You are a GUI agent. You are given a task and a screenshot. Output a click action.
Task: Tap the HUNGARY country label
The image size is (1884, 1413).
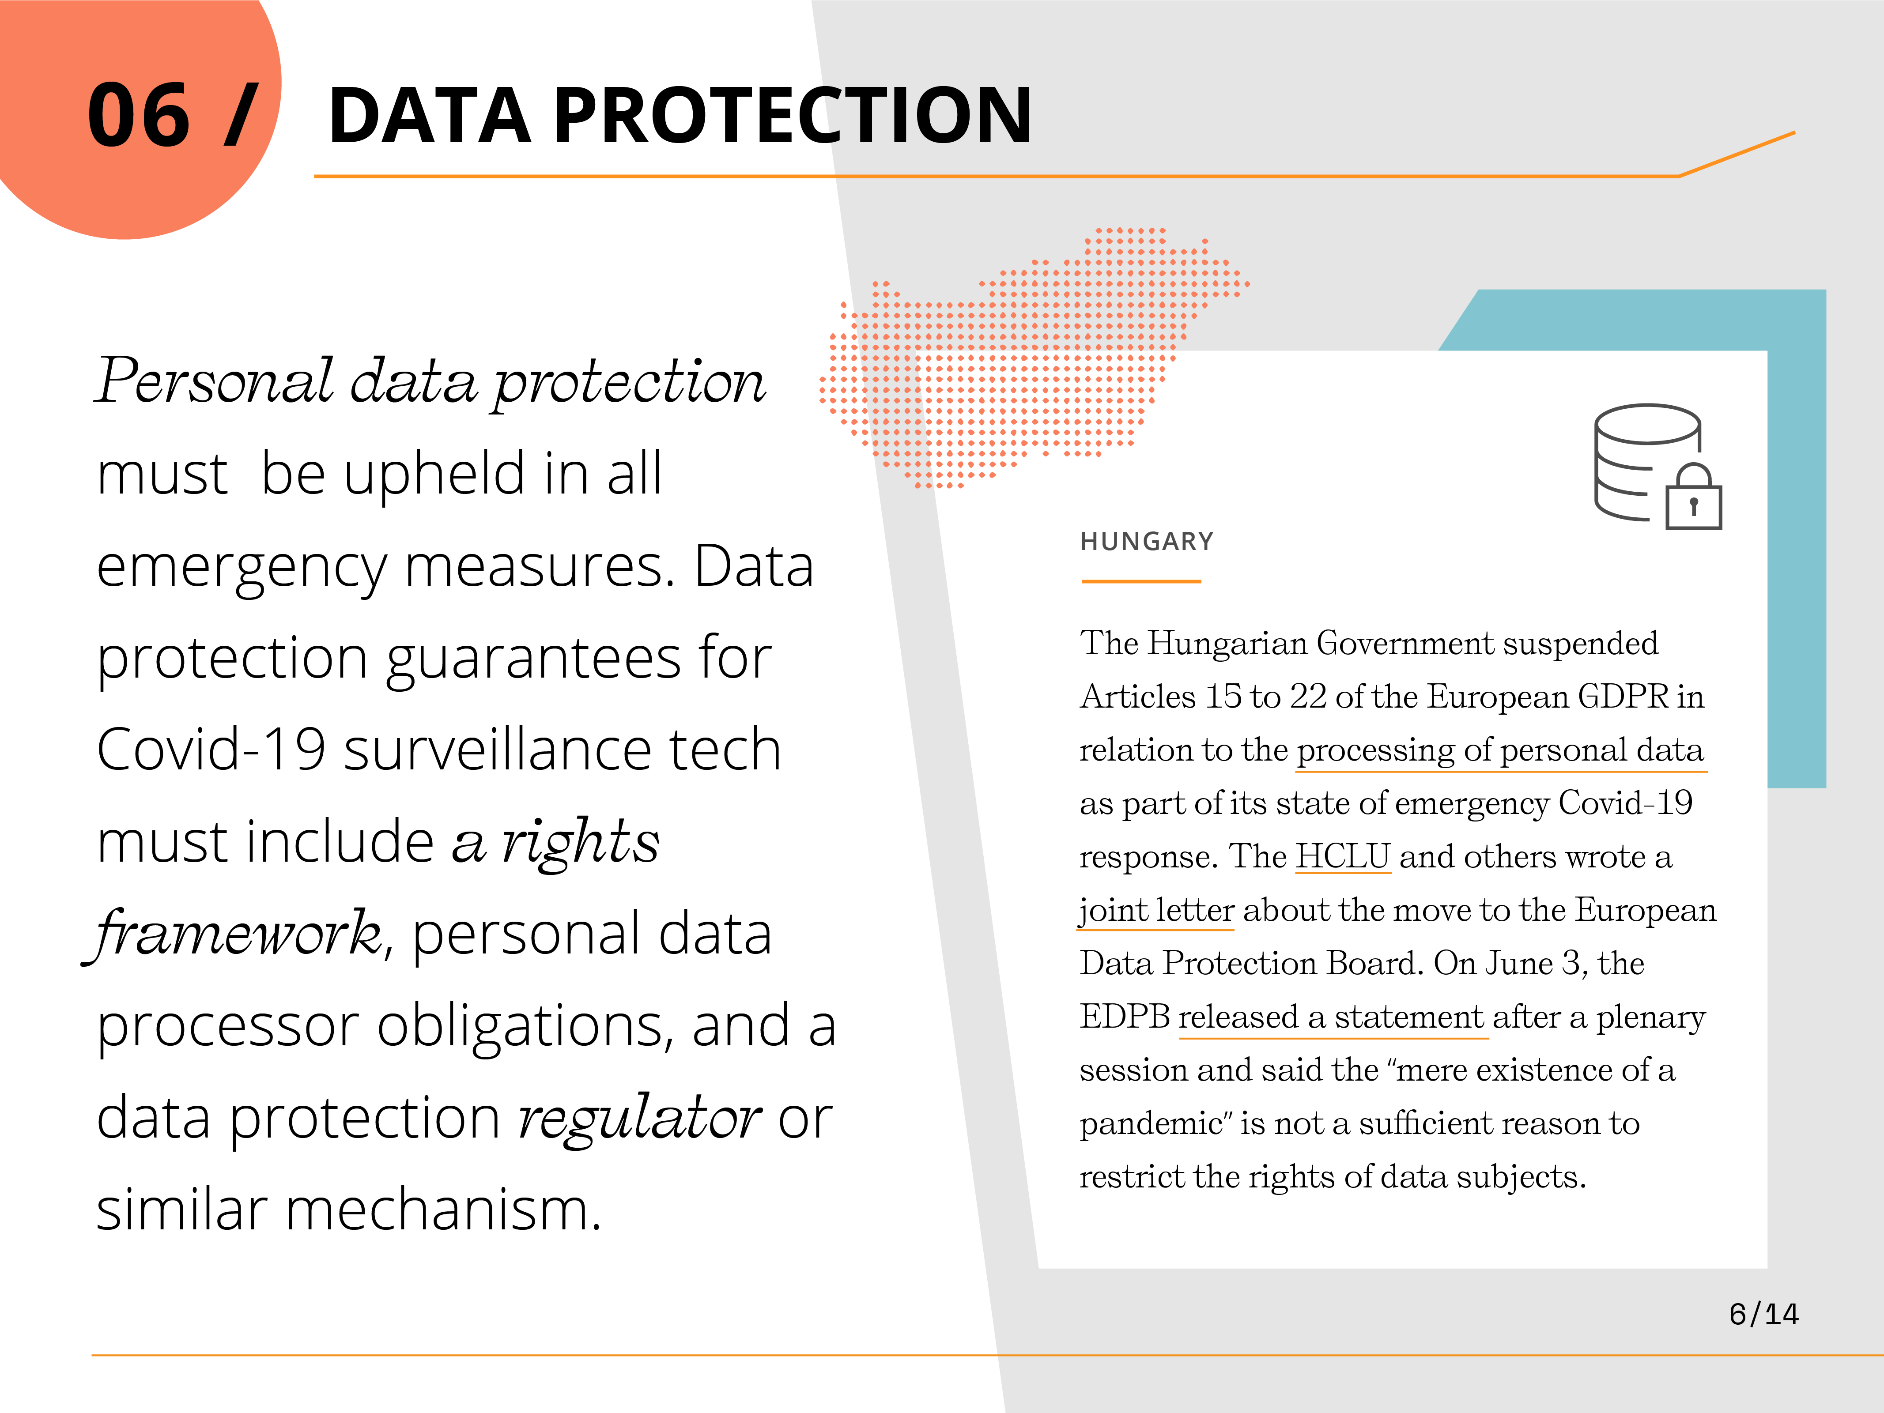point(1146,542)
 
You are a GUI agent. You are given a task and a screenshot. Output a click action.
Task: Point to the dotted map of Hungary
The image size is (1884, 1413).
point(1031,358)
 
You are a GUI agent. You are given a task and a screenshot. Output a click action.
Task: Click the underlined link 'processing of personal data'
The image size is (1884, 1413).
point(1500,750)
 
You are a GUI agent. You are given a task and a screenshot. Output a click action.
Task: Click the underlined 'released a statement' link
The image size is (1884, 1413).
point(1333,1017)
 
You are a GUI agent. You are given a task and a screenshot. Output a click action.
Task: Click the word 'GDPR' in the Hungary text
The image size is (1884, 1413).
point(1623,697)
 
